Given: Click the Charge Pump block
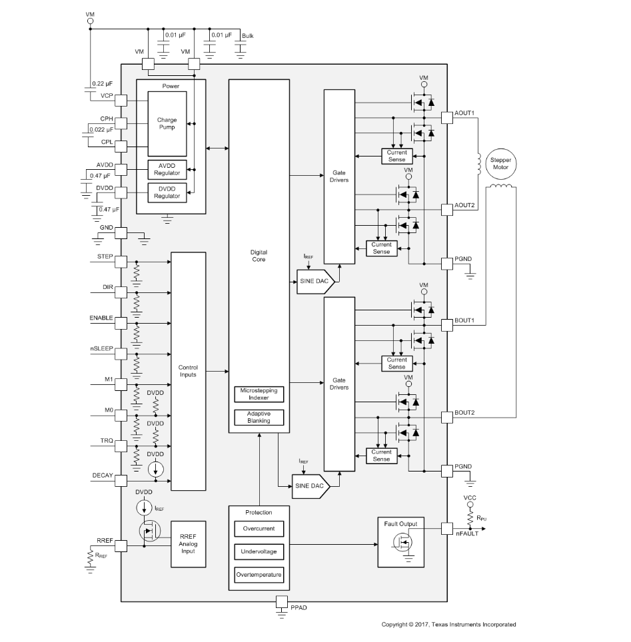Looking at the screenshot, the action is pos(167,124).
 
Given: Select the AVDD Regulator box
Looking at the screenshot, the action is pos(167,170).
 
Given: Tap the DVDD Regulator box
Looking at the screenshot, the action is pos(167,192).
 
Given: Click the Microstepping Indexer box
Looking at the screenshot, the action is pos(259,394).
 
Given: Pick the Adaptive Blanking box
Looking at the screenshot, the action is pos(259,417).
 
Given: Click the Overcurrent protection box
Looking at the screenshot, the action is pos(259,529).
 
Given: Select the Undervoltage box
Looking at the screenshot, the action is pos(259,551).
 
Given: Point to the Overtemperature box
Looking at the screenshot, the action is pos(259,575).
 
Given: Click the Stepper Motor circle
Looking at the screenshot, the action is pos(500,164).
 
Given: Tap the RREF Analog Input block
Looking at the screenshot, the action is pos(188,544).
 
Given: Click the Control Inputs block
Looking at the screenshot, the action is pos(188,372).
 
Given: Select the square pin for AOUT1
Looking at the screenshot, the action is pos(447,118).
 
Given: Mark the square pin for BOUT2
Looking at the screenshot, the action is pos(447,418).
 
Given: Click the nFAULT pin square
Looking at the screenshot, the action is pos(447,529).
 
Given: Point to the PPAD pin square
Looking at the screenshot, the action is pos(282,601).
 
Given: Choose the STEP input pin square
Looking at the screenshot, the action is pos(121,262).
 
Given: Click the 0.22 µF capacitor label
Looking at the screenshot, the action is pos(102,84).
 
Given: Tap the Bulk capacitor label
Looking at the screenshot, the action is pos(247,36).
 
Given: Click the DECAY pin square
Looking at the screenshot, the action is pos(121,481).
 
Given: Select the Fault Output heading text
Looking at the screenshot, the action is pos(400,524).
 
